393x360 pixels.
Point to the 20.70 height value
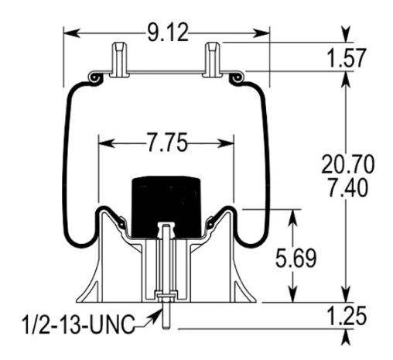coord(347,164)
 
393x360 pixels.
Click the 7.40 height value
coord(347,187)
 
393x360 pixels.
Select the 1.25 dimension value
coord(347,317)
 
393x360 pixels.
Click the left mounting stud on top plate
coord(118,59)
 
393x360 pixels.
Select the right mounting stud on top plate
coord(213,59)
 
